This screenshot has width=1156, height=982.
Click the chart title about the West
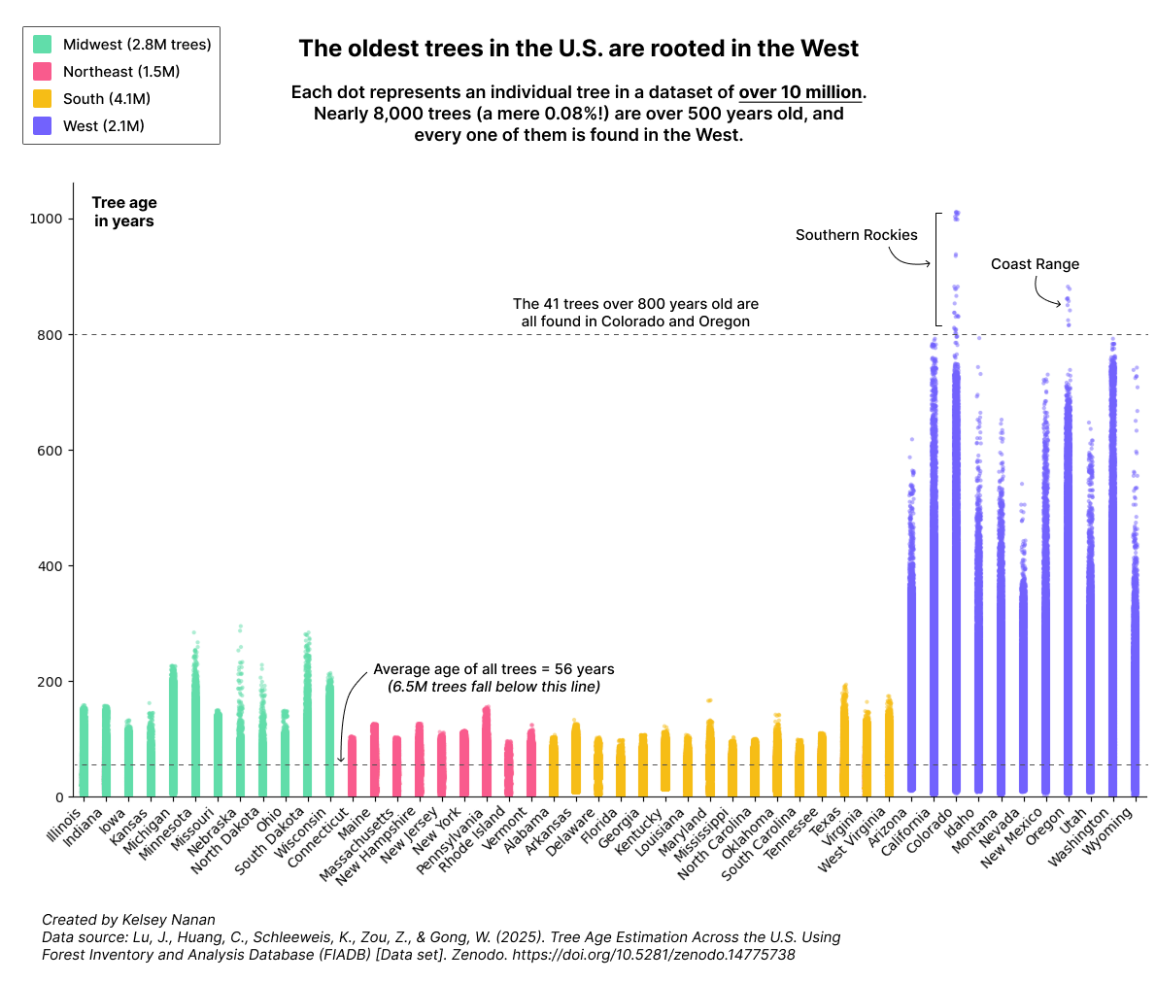coord(578,49)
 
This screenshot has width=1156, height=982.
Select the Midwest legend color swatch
coord(43,45)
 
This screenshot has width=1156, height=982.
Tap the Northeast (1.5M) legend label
coord(121,72)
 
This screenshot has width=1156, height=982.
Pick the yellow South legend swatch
coord(43,99)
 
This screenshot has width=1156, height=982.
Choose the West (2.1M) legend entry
coord(103,126)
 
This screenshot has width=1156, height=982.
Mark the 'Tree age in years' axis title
coord(124,212)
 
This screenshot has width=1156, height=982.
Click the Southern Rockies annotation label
coord(856,235)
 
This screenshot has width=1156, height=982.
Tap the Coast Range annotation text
coord(1035,264)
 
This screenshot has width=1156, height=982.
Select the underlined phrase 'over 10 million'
coord(800,93)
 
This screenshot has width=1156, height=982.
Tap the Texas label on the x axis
coord(829,822)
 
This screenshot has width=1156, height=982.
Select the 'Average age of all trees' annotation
coord(493,669)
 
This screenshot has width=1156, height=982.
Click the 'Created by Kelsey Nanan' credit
coord(128,919)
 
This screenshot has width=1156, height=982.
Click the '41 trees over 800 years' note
coord(635,304)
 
